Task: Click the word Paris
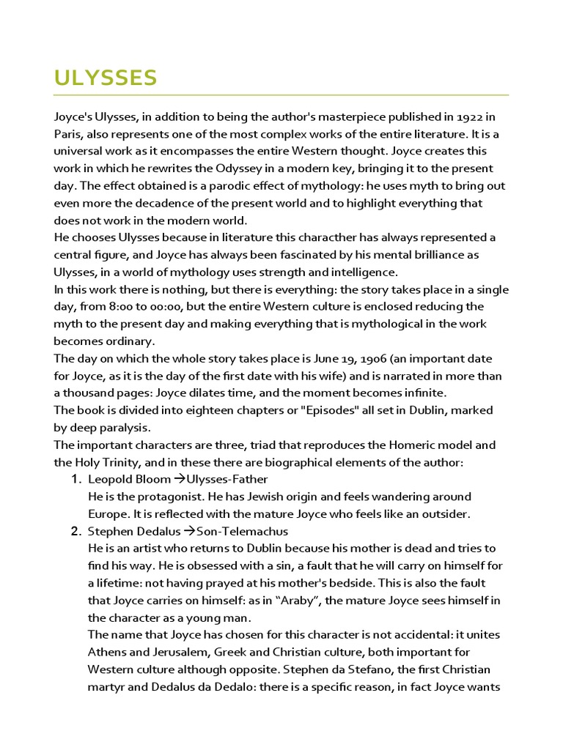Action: coord(68,134)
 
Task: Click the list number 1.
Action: coord(76,479)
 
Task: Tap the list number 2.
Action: coord(76,530)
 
